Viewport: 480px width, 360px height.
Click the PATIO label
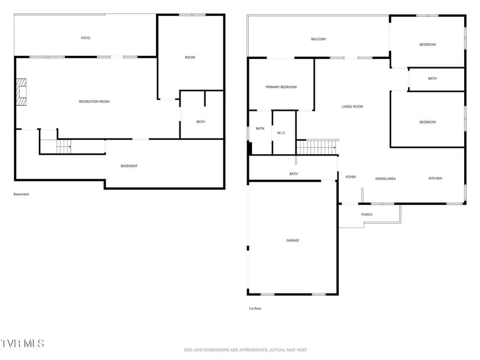tap(86, 38)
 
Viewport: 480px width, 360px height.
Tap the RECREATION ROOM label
tap(94, 102)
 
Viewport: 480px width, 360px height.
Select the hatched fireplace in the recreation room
tap(21, 92)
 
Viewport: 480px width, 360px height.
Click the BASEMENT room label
tap(129, 166)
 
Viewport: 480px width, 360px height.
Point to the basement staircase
tap(64, 146)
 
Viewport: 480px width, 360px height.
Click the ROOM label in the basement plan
tap(190, 57)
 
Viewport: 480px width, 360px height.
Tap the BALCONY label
tap(318, 39)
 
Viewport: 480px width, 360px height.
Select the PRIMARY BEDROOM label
tap(281, 87)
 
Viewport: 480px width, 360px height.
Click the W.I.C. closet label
tap(281, 133)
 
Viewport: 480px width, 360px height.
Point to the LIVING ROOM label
tap(352, 106)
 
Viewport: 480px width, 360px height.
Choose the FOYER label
tap(351, 177)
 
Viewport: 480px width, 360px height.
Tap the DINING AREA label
tap(385, 179)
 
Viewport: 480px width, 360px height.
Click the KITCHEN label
tap(435, 178)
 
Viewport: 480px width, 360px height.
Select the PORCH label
tap(366, 214)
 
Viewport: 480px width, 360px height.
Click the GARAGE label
tap(293, 240)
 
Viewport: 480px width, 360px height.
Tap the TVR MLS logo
tap(22, 343)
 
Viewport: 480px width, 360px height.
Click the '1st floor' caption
tap(255, 309)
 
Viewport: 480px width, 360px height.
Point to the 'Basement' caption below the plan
tap(21, 194)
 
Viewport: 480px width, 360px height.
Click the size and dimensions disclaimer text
tap(245, 350)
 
